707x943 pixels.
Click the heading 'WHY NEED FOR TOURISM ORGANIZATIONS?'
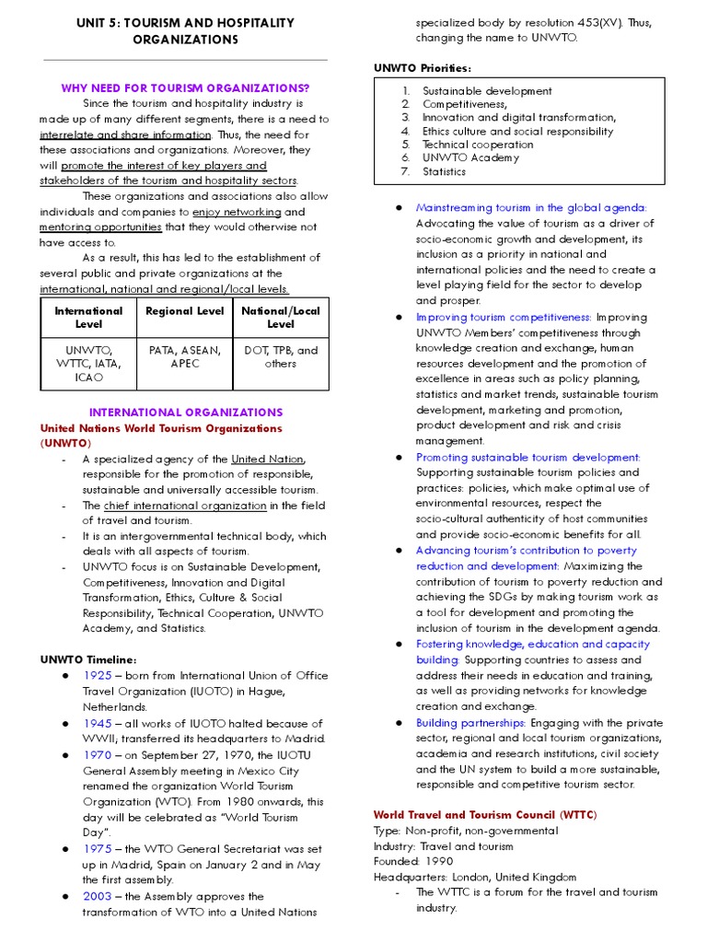coord(185,87)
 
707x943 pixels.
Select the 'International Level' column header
coord(88,318)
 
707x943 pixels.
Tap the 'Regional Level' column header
coord(185,311)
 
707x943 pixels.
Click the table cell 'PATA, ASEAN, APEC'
coord(185,356)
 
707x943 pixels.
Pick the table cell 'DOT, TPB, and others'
coord(281,356)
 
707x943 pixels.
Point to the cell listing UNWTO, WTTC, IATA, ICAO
coord(88,364)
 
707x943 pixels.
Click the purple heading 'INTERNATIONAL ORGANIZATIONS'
coord(185,413)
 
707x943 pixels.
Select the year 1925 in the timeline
coord(97,676)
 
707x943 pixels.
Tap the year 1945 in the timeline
coord(97,724)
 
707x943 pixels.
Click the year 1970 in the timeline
coord(97,754)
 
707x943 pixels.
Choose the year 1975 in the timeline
coord(97,849)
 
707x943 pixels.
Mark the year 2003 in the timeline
coord(97,896)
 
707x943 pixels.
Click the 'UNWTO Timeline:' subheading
coord(88,659)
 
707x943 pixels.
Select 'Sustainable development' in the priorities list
coord(487,91)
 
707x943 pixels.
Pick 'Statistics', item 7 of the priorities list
coord(444,171)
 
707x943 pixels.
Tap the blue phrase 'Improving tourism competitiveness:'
coord(504,317)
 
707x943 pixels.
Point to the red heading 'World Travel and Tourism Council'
coord(463,815)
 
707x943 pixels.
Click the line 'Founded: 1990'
coord(413,862)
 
